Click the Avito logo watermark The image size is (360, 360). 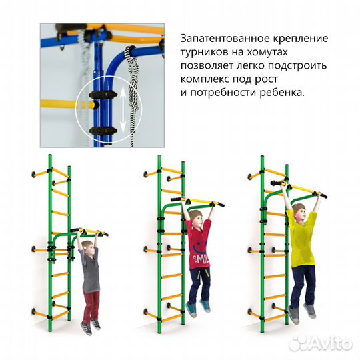click(x=320, y=342)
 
